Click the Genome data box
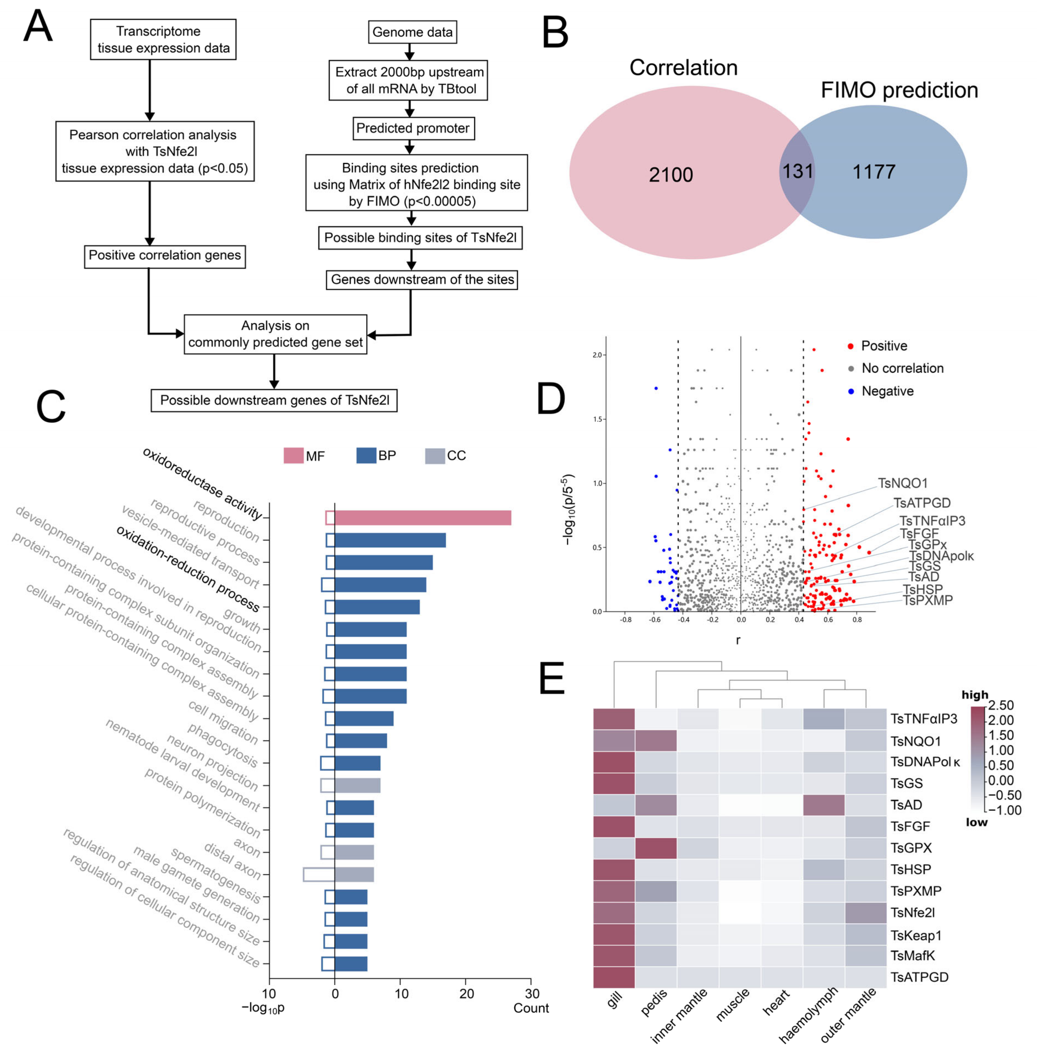pyautogui.click(x=412, y=32)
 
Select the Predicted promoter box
pyautogui.click(x=412, y=128)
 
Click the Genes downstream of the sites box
pyautogui.click(x=422, y=280)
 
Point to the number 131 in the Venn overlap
pyautogui.click(x=797, y=172)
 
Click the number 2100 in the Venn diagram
pyautogui.click(x=670, y=175)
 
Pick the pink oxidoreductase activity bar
pyautogui.click(x=423, y=518)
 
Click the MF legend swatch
pyautogui.click(x=293, y=456)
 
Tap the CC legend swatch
pyautogui.click(x=435, y=456)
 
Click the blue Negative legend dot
pyautogui.click(x=851, y=391)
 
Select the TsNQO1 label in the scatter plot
pyautogui.click(x=902, y=483)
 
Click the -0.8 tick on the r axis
pyautogui.click(x=626, y=620)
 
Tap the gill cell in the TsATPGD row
pyautogui.click(x=614, y=977)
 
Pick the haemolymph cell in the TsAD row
pyautogui.click(x=823, y=805)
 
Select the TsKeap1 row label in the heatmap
pyautogui.click(x=916, y=935)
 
